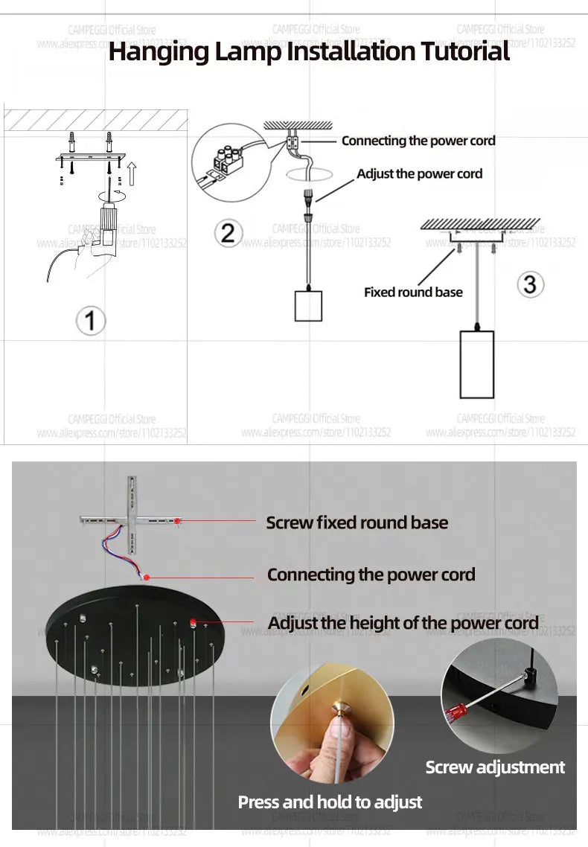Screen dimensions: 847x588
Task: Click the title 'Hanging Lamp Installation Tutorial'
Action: tap(309, 52)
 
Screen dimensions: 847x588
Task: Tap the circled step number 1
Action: tap(91, 321)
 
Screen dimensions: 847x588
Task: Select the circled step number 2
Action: tap(228, 233)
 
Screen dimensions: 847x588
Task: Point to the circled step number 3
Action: tap(529, 284)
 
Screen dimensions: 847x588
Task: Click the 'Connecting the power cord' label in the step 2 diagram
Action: tap(418, 141)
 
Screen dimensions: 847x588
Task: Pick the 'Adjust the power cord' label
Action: tap(419, 173)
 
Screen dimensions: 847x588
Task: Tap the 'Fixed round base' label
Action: tap(413, 292)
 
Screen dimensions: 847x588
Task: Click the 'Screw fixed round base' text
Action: tap(357, 522)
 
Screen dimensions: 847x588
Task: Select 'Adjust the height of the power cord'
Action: tap(403, 623)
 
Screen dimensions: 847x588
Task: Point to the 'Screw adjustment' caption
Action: tap(495, 767)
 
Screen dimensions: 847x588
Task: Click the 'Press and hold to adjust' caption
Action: tap(330, 802)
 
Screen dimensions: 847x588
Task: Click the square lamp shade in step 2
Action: tap(308, 305)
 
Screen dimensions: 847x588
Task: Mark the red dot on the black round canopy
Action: tap(192, 622)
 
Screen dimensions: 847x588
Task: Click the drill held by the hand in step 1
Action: tap(107, 223)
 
